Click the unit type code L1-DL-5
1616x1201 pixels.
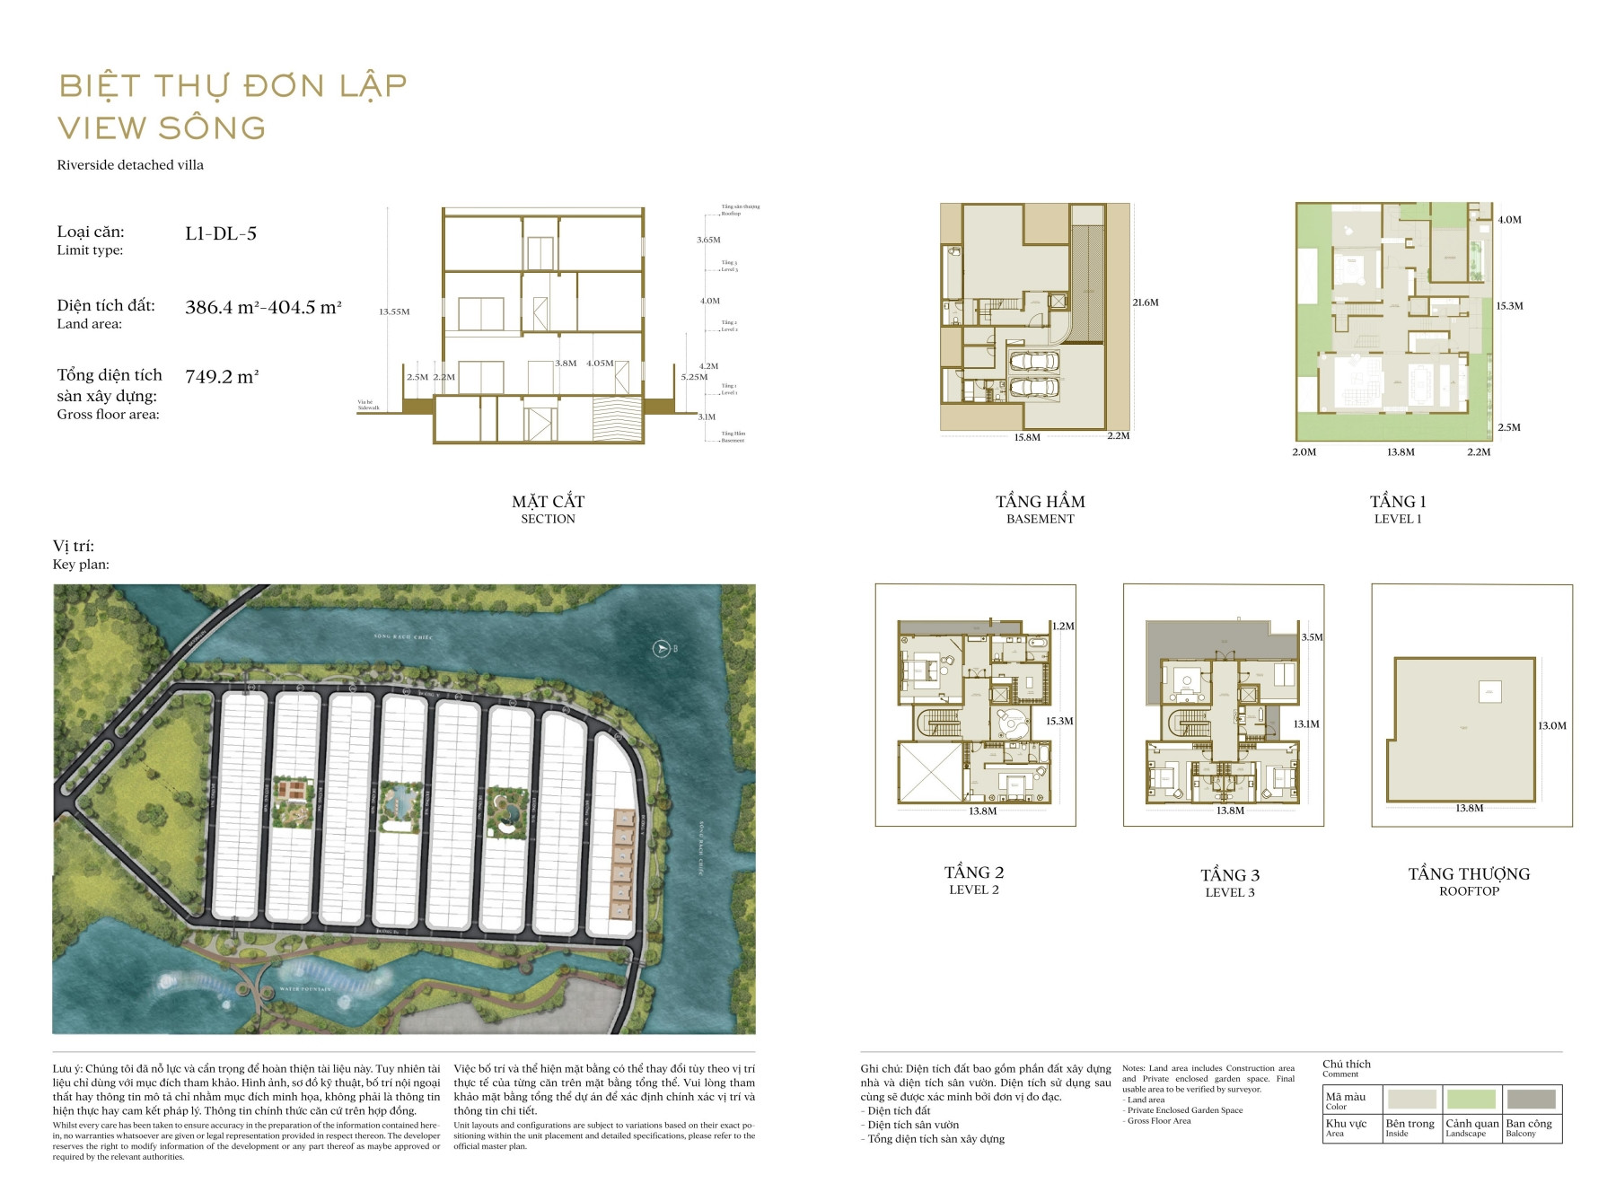(221, 233)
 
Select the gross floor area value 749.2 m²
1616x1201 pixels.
(222, 377)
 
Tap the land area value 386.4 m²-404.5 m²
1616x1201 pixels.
(263, 307)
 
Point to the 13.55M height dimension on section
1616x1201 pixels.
(394, 311)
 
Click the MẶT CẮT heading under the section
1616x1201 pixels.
(548, 502)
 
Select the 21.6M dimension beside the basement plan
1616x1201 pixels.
(1145, 302)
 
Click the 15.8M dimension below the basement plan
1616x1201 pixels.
(1027, 438)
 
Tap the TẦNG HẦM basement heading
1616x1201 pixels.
(1040, 502)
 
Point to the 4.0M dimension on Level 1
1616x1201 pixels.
(1509, 220)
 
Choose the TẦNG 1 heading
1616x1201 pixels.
(1398, 502)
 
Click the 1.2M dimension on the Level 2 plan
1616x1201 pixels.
(1063, 627)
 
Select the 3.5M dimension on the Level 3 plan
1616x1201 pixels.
(1312, 637)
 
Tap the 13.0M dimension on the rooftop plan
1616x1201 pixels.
(1551, 726)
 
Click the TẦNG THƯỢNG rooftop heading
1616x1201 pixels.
(1469, 874)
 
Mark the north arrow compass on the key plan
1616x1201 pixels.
(662, 648)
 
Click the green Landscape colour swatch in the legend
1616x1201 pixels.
(1471, 1099)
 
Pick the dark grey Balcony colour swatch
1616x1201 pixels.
(1531, 1099)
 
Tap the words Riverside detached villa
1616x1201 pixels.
(130, 165)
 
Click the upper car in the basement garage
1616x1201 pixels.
(1033, 362)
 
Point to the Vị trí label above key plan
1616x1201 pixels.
(74, 546)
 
